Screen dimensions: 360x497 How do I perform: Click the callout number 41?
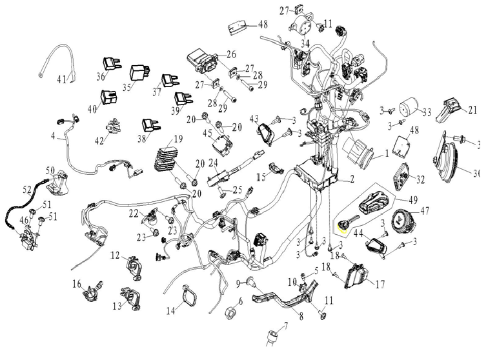[61, 80]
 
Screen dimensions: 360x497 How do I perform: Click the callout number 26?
[231, 54]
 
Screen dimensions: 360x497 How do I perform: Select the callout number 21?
[472, 110]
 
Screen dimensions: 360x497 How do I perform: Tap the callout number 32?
[421, 179]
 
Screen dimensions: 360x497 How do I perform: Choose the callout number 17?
[380, 283]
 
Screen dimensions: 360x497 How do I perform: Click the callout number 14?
[170, 310]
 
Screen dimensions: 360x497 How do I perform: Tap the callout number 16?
[77, 283]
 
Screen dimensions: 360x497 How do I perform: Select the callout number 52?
[27, 190]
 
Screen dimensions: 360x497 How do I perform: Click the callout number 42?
[99, 141]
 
